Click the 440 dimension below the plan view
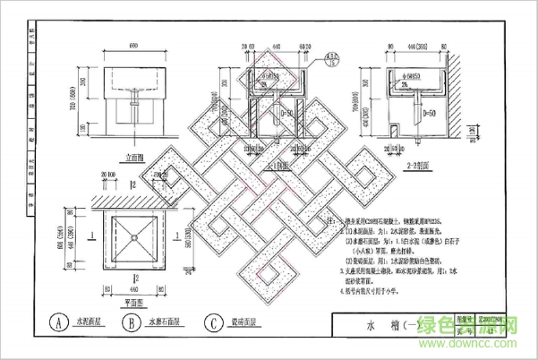(133, 290)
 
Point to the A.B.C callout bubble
(333, 60)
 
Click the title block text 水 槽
(385, 324)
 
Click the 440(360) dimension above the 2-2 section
(420, 46)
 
